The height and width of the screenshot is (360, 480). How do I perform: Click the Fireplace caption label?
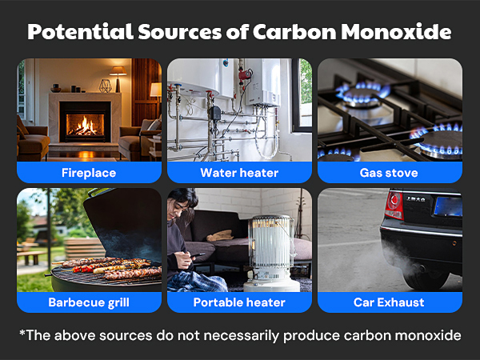click(x=89, y=172)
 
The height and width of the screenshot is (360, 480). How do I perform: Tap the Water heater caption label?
click(x=239, y=172)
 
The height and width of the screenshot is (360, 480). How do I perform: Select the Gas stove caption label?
click(x=390, y=172)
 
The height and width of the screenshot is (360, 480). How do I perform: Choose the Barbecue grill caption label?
click(x=89, y=302)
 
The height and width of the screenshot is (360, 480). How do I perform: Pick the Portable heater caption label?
click(x=239, y=302)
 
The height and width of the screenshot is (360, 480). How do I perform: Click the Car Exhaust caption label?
click(x=390, y=302)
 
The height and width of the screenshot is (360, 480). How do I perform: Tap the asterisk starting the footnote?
click(x=22, y=334)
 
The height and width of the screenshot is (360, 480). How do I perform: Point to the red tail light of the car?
click(x=394, y=204)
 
